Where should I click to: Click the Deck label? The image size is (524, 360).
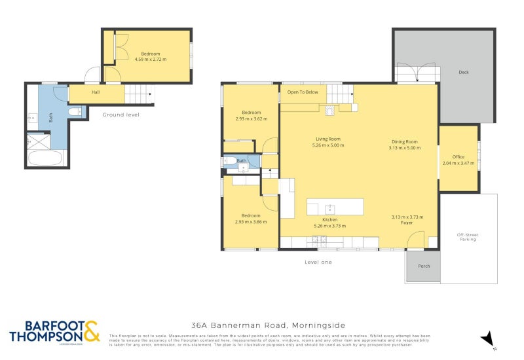(x=464, y=73)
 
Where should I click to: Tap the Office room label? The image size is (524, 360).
(x=458, y=157)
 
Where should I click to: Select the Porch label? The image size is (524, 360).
(x=424, y=266)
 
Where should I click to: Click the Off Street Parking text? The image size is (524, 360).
(x=468, y=237)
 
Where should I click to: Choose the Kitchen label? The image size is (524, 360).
(x=329, y=219)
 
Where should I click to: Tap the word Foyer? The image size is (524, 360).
(x=407, y=223)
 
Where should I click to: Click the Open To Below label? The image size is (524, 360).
(x=303, y=92)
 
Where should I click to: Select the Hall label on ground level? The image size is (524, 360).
(x=96, y=92)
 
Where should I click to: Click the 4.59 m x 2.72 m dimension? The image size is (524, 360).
(x=151, y=60)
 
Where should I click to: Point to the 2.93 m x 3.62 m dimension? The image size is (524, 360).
(x=252, y=118)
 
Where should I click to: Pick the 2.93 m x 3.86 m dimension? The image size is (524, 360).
(x=252, y=222)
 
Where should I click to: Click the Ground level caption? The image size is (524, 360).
(x=121, y=115)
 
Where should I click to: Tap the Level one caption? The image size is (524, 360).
(x=318, y=262)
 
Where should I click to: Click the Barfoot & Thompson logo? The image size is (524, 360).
(x=54, y=332)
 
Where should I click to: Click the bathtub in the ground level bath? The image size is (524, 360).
(x=45, y=158)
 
